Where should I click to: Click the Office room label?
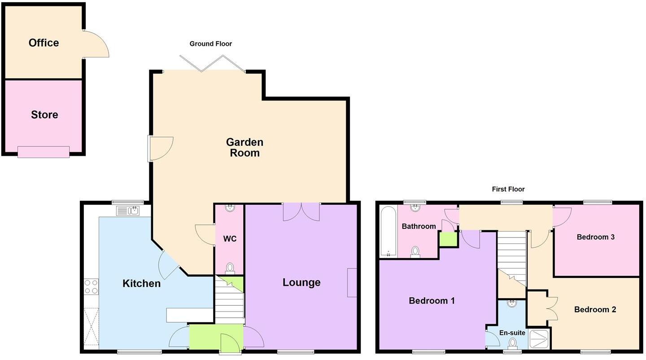[44, 43]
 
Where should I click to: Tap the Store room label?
[44, 114]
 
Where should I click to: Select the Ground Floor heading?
[210, 44]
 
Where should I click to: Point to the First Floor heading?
[508, 189]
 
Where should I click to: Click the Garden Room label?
[244, 147]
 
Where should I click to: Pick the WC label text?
[230, 239]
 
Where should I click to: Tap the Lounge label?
[301, 282]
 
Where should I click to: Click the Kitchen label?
[141, 283]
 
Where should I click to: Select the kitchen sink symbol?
[128, 210]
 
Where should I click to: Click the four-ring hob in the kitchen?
[91, 286]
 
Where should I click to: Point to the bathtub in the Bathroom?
[388, 231]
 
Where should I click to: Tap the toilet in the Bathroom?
[415, 252]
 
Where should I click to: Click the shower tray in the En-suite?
[539, 339]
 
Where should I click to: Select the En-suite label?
[512, 333]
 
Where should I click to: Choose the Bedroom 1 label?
[432, 301]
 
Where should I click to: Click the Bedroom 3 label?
[595, 237]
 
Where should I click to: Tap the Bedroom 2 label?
[595, 310]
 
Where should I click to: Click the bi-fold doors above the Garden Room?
[212, 63]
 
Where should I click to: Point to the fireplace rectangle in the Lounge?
[352, 282]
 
